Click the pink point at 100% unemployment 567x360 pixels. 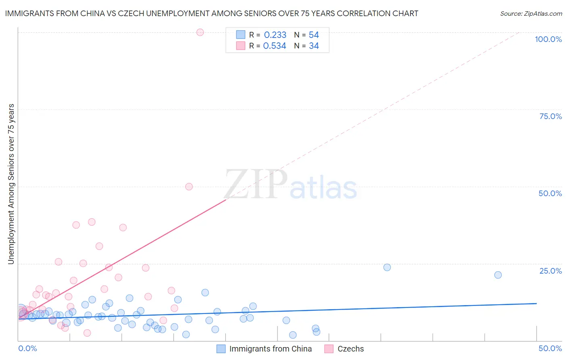pyautogui.click(x=200, y=32)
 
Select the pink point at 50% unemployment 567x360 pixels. pyautogui.click(x=189, y=186)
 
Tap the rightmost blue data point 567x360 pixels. pyautogui.click(x=498, y=275)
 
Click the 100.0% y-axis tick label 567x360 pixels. pyautogui.click(x=548, y=39)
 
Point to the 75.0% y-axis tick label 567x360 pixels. pyautogui.click(x=550, y=116)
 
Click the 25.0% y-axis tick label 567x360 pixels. pyautogui.click(x=550, y=271)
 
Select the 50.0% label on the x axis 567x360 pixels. pyautogui.click(x=550, y=348)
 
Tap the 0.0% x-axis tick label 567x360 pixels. pyautogui.click(x=28, y=348)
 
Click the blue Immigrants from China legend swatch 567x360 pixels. pyautogui.click(x=221, y=349)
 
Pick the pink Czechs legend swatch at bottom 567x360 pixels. pyautogui.click(x=329, y=349)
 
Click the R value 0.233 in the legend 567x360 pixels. pyautogui.click(x=275, y=35)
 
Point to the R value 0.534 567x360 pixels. pyautogui.click(x=275, y=46)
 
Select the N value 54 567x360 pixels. pyautogui.click(x=314, y=35)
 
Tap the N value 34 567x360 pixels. pyautogui.click(x=314, y=46)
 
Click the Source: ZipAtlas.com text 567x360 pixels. pyautogui.click(x=531, y=14)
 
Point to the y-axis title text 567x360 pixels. pyautogui.click(x=11, y=184)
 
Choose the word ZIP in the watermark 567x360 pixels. pyautogui.click(x=256, y=185)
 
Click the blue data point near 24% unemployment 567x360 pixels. pyautogui.click(x=387, y=267)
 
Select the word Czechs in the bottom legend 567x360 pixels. pyautogui.click(x=350, y=349)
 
